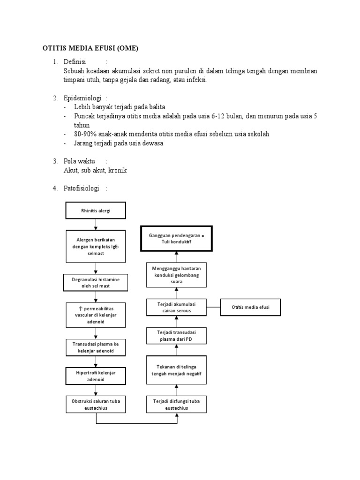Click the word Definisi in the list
point(76,62)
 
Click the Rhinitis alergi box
point(96,211)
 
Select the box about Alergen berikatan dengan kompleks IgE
point(96,246)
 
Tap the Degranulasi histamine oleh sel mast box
point(96,283)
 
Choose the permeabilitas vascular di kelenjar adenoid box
point(96,315)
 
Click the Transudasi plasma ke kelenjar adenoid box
point(96,347)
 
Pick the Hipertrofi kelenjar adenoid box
point(96,375)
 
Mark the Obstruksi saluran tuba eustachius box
point(96,405)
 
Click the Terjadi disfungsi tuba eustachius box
point(177,405)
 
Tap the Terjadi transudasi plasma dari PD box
point(177,336)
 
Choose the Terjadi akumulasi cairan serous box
point(177,307)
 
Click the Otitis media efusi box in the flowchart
point(251,307)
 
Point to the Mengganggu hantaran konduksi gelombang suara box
point(177,275)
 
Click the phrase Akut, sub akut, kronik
point(95,170)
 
